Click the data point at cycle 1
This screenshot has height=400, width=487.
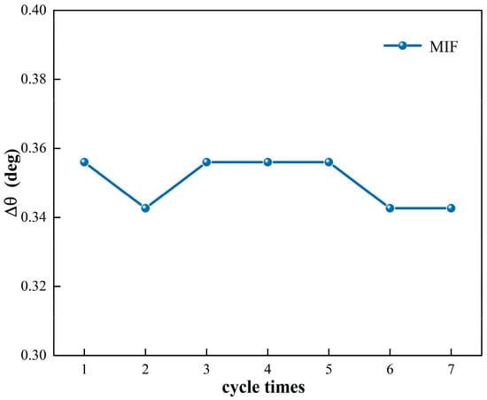click(x=84, y=162)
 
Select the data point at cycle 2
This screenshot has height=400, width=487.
click(x=145, y=208)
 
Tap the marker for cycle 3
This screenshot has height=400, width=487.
click(x=206, y=162)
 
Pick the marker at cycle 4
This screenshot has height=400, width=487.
click(x=267, y=162)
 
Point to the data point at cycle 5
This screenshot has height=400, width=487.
click(x=329, y=162)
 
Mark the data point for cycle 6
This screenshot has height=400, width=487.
click(x=390, y=208)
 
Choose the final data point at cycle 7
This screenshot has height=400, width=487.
click(x=451, y=208)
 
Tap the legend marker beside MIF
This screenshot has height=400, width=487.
click(x=401, y=46)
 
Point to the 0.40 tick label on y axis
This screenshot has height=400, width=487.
click(x=35, y=11)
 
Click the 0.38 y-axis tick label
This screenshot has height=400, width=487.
click(x=35, y=80)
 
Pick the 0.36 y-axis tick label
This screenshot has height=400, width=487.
click(x=35, y=149)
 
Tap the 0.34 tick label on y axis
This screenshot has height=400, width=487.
click(x=35, y=218)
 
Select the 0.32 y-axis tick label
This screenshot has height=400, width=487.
click(x=35, y=287)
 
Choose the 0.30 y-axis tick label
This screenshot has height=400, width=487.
click(x=35, y=356)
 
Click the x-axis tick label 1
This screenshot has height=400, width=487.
click(x=84, y=369)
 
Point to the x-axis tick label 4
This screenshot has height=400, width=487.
click(x=267, y=369)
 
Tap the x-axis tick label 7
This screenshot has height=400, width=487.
click(x=451, y=369)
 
